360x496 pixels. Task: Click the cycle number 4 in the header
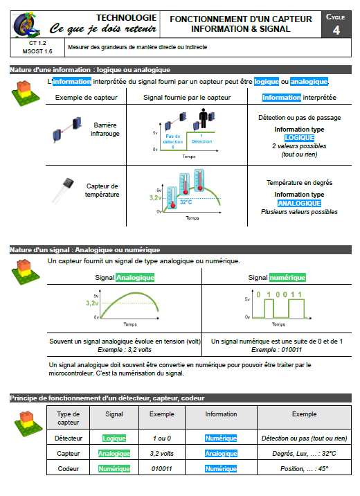pos(336,30)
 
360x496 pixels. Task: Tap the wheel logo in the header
pos(26,24)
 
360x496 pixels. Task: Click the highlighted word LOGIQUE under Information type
pos(299,138)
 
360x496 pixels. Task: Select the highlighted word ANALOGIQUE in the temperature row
pos(299,204)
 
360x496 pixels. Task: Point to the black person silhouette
pos(204,118)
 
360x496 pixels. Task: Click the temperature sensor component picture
pos(63,190)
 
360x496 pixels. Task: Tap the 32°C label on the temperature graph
pos(186,202)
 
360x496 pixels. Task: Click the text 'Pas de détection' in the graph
pos(173,139)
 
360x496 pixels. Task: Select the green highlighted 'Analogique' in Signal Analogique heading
pos(135,278)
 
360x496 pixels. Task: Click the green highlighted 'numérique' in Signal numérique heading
pos(287,278)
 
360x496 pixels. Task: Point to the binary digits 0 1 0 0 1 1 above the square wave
pos(279,294)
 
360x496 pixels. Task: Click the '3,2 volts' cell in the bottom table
pos(161,454)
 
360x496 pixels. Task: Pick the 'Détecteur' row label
pos(69,439)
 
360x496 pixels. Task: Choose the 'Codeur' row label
pos(69,469)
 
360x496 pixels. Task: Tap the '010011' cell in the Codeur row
pos(161,469)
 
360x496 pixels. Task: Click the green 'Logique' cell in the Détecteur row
pos(114,439)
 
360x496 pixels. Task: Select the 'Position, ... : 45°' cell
pos(305,469)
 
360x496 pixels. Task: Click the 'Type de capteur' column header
pos(69,418)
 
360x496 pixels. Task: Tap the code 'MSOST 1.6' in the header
pos(37,51)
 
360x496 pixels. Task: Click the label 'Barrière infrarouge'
pos(105,130)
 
